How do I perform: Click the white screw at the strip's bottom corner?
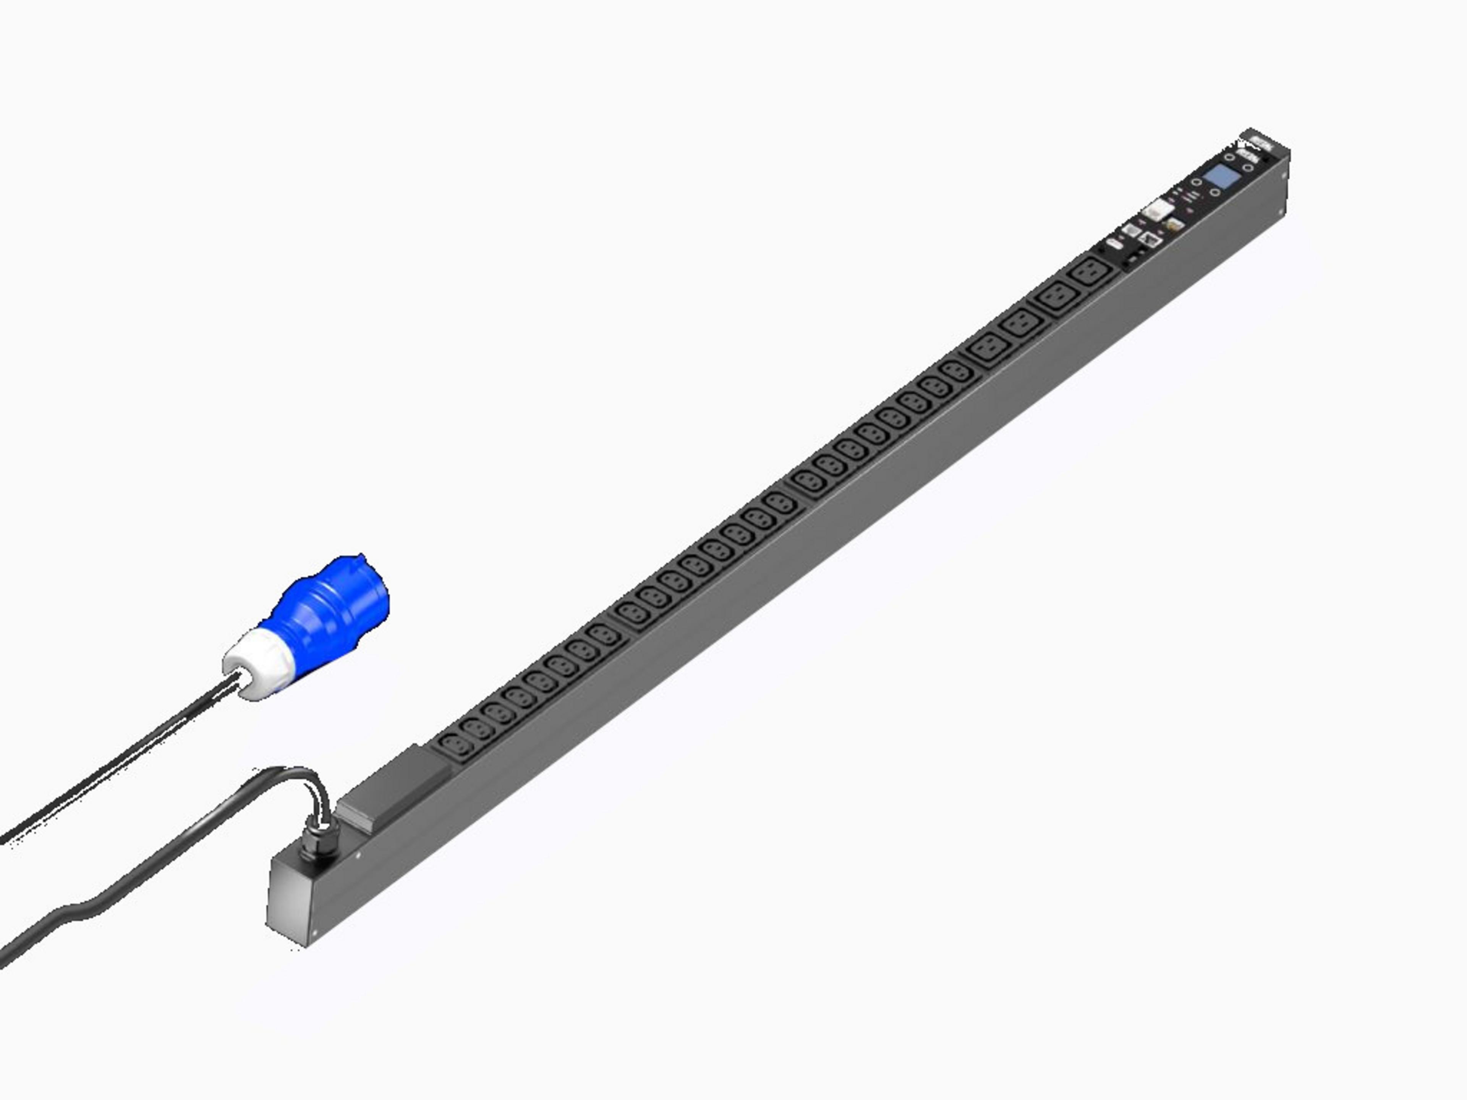tap(315, 933)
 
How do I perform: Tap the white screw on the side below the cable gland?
tap(358, 855)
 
